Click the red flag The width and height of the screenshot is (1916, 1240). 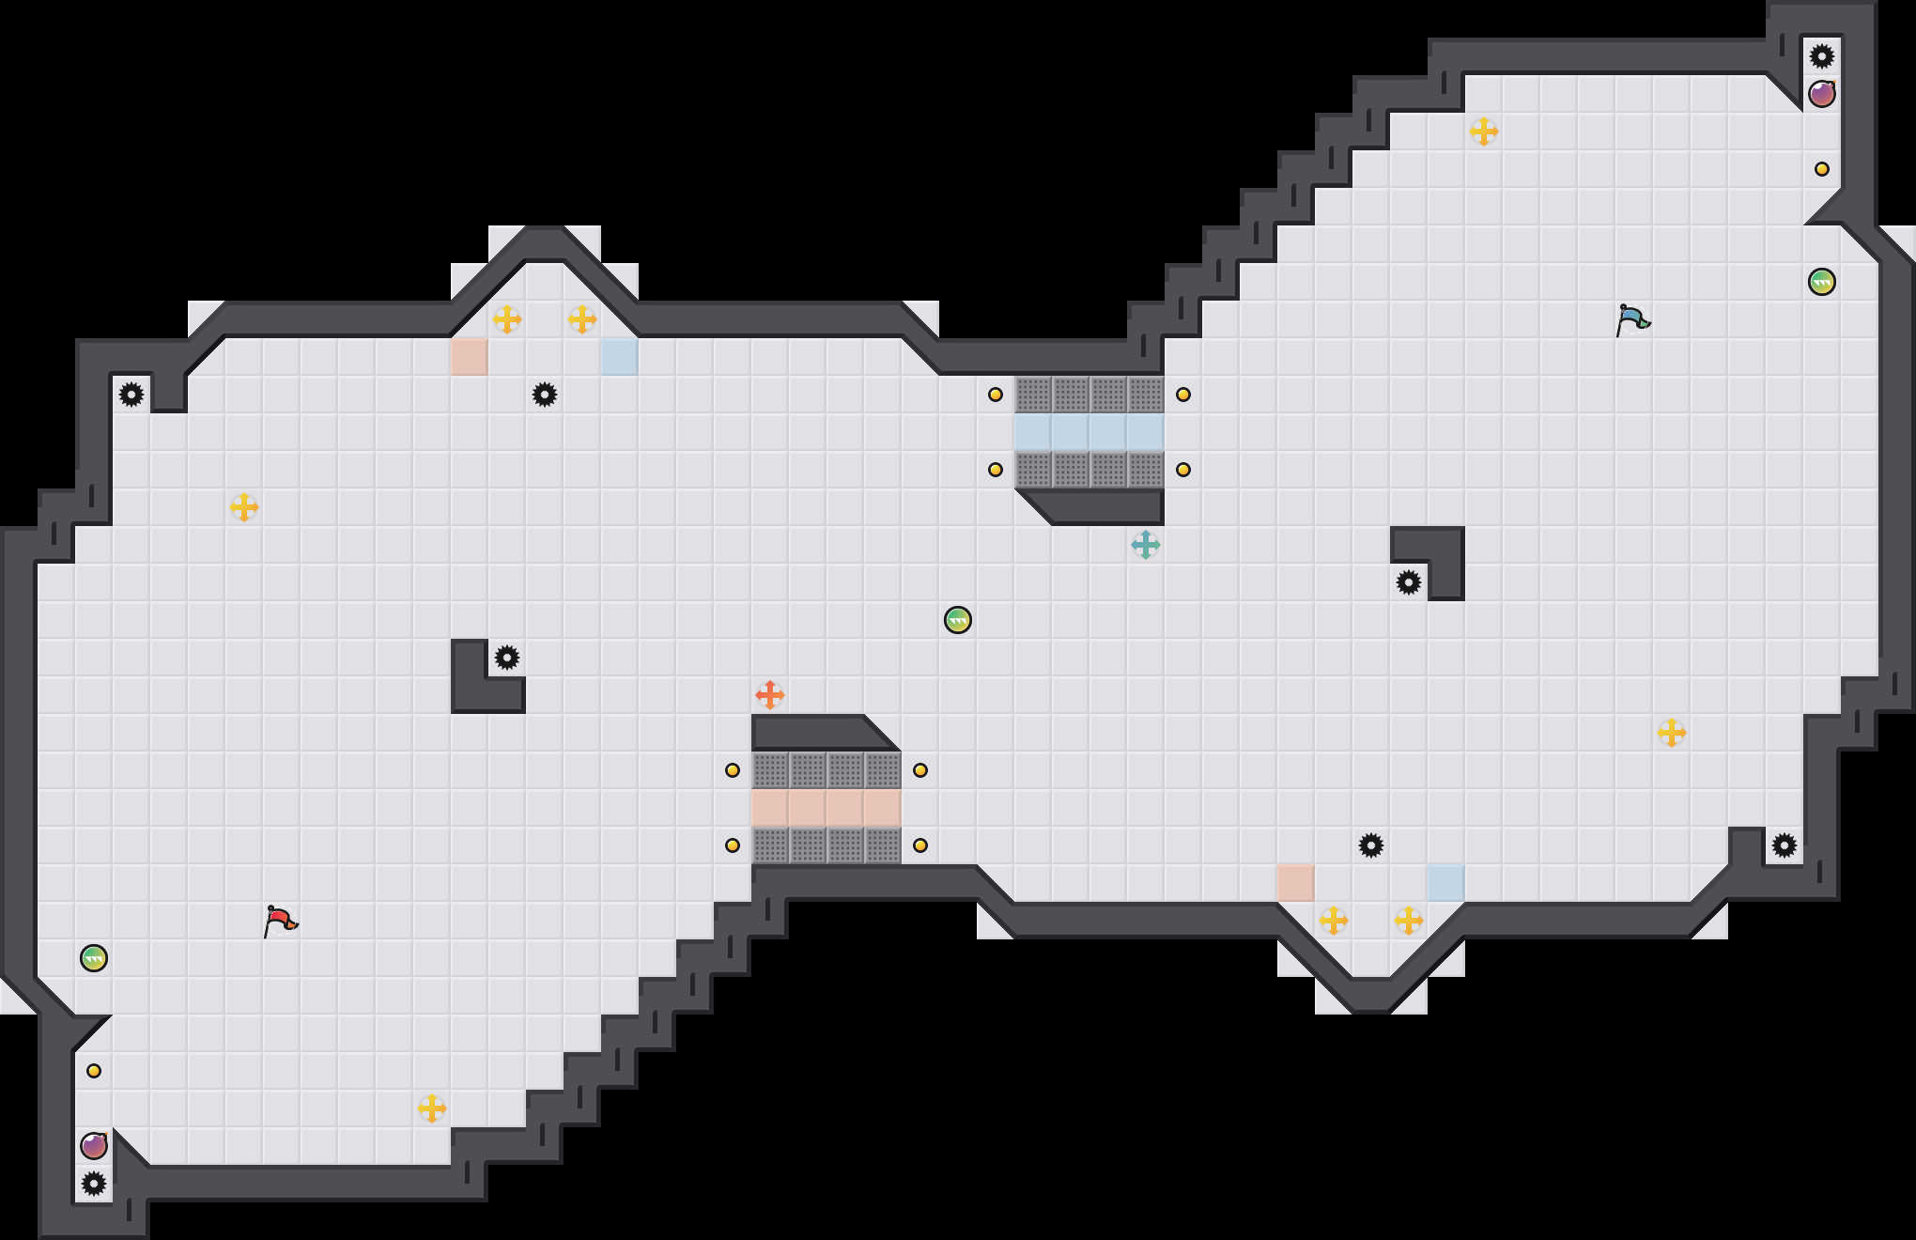tap(280, 921)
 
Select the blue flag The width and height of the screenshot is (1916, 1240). tap(1632, 319)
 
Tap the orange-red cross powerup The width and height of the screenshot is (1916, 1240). tap(770, 695)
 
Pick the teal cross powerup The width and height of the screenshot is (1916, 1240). tap(1146, 545)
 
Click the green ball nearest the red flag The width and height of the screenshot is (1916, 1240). tap(94, 958)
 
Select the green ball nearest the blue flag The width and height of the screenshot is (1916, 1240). tap(1822, 282)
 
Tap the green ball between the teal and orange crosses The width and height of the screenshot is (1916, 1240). tap(958, 620)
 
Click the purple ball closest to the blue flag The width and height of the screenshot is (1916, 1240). tap(1822, 94)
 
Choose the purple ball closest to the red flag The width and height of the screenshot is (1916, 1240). tap(94, 1146)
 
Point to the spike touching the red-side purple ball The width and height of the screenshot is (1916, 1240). tap(94, 1184)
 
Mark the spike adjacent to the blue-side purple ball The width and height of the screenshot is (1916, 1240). tap(1822, 56)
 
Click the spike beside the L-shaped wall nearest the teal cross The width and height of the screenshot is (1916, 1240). tap(1409, 582)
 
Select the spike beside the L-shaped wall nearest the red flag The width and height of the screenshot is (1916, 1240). tap(507, 658)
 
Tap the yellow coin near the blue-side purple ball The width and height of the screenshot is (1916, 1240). tap(1822, 169)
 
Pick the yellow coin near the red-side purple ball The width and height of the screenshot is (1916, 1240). tap(94, 1071)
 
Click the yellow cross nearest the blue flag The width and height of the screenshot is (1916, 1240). tap(1484, 132)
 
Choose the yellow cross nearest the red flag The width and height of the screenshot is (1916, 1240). tap(432, 1108)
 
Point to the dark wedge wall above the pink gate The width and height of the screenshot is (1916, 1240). tap(817, 732)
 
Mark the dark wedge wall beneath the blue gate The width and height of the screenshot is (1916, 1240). tap(1099, 506)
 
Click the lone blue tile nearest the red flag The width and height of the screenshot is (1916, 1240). tap(620, 357)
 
